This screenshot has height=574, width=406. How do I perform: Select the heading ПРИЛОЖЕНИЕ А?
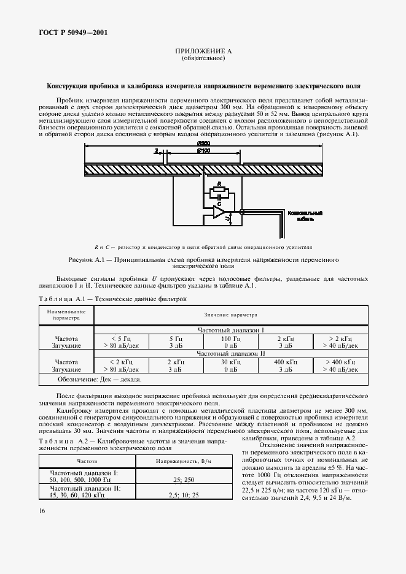click(203, 52)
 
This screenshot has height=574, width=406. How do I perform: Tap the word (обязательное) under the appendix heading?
click(203, 59)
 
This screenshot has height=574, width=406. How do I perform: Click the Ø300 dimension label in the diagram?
click(203, 143)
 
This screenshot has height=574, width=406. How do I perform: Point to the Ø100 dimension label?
click(203, 150)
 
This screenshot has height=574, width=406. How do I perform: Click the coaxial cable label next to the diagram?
click(302, 215)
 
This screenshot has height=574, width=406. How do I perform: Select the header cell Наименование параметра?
click(62, 315)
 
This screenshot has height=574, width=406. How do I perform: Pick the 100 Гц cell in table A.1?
click(231, 338)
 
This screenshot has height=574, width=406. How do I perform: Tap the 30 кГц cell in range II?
click(231, 362)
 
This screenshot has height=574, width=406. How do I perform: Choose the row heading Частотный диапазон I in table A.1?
click(231, 330)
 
